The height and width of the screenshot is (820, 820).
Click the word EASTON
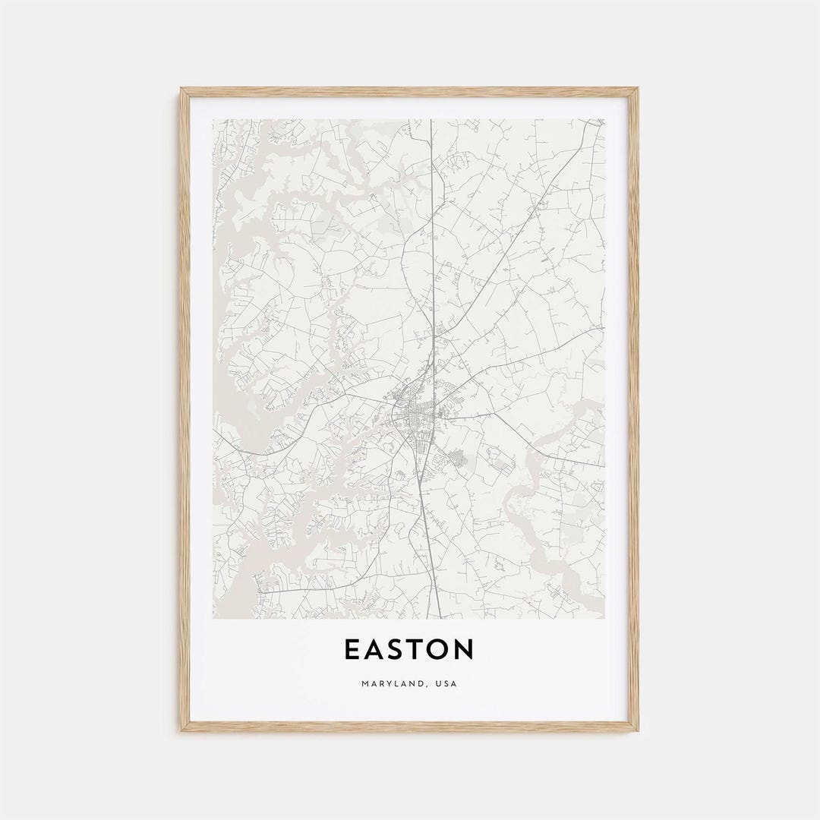(x=409, y=650)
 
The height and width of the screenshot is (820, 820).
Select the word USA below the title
(x=446, y=684)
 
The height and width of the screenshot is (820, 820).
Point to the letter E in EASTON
(x=352, y=650)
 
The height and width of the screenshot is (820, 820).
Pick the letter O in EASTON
(x=440, y=650)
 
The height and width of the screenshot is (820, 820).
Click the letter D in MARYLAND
(x=422, y=684)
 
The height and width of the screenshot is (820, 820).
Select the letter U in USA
(x=438, y=684)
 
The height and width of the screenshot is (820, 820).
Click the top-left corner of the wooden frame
(x=181, y=89)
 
